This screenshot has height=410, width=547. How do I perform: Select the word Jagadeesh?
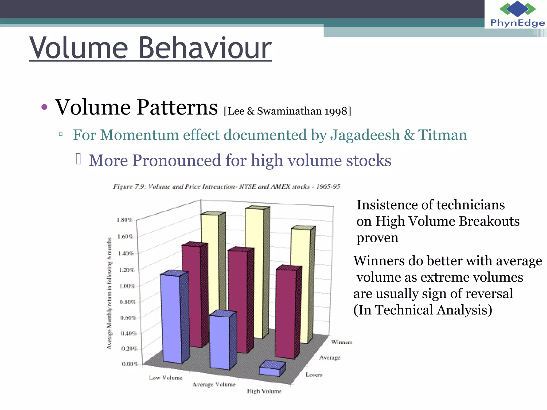pyautogui.click(x=365, y=135)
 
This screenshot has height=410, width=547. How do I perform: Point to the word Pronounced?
pyautogui.click(x=177, y=160)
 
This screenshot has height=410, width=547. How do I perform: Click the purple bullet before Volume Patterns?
pyautogui.click(x=44, y=107)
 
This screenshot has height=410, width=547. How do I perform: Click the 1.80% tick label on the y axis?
pyautogui.click(x=124, y=220)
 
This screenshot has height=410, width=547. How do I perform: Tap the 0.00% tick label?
pyautogui.click(x=130, y=364)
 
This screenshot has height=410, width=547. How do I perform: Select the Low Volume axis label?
pyautogui.click(x=166, y=378)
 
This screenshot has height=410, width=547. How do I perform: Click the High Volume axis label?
pyautogui.click(x=264, y=391)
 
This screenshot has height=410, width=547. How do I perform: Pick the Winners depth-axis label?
pyautogui.click(x=342, y=342)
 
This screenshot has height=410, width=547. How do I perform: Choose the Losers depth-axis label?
pyautogui.click(x=314, y=375)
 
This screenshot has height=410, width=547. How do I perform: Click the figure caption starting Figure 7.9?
pyautogui.click(x=226, y=186)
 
